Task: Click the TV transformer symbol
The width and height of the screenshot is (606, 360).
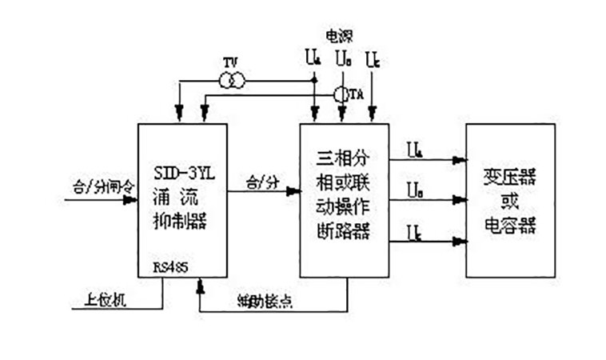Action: point(233,79)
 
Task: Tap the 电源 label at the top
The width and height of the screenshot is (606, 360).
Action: point(339,35)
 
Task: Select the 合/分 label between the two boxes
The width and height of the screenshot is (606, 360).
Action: point(261,182)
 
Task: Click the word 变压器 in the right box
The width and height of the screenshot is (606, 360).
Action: point(510,175)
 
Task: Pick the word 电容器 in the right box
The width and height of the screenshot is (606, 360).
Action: point(510,225)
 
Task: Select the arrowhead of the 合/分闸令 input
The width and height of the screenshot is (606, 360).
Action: point(131,200)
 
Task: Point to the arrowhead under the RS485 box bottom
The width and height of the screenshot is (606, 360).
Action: point(198,282)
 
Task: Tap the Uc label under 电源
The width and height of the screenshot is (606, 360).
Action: point(372,58)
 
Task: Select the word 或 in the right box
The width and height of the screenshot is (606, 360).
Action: point(510,199)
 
